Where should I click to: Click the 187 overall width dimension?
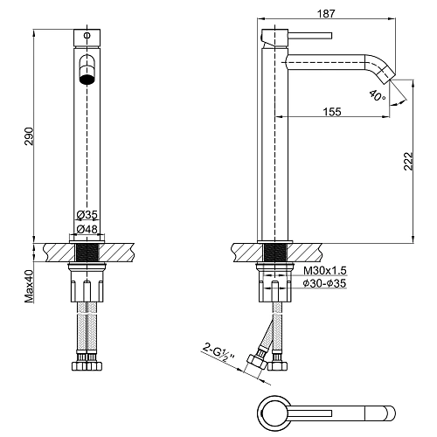326,13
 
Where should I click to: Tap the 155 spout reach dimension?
332,112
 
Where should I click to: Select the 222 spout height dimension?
408,161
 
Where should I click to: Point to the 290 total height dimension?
29,136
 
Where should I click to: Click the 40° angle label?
378,95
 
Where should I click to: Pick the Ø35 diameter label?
87,215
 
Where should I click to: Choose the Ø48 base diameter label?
87,229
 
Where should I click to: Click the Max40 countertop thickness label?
29,286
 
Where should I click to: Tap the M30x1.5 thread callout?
325,271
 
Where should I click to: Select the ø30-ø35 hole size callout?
324,283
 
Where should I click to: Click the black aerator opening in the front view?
87,80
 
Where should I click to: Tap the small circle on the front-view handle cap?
87,36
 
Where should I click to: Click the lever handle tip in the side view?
330,36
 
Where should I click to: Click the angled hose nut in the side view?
256,362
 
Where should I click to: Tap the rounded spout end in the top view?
389,413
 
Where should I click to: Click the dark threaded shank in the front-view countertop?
87,253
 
